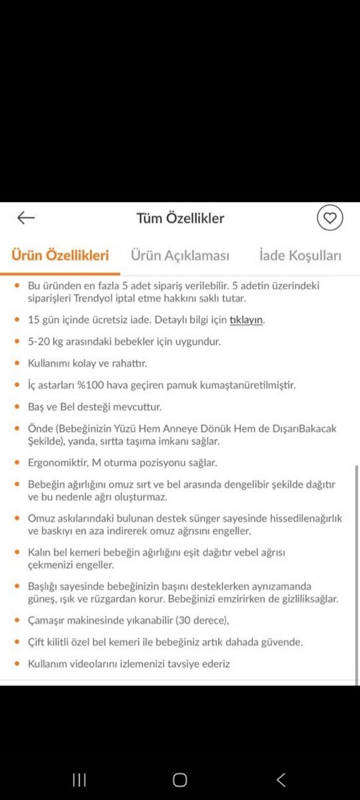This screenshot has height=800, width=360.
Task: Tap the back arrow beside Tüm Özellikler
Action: (x=26, y=218)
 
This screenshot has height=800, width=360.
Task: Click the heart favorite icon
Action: (x=330, y=218)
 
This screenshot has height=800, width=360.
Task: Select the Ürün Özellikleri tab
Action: (x=60, y=255)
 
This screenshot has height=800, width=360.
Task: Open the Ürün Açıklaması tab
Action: (x=180, y=255)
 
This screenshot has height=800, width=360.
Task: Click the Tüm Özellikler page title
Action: (x=180, y=218)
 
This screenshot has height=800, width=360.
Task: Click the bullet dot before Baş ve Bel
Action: (x=17, y=407)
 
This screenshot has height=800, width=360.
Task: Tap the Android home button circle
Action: (x=180, y=780)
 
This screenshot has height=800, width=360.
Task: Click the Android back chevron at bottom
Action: (x=280, y=780)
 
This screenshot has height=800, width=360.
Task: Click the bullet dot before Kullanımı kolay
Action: (x=17, y=364)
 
